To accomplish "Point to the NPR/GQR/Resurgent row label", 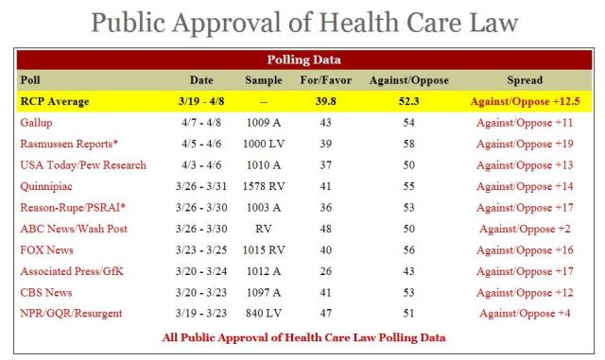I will click(x=74, y=314).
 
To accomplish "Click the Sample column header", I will click(x=264, y=79).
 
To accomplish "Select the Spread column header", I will click(x=525, y=79).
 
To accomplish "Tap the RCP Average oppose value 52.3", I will click(x=406, y=100).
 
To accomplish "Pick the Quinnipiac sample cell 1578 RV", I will click(x=264, y=186).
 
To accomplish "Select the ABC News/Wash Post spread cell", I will click(x=525, y=229).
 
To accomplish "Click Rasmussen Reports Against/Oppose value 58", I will click(x=406, y=144).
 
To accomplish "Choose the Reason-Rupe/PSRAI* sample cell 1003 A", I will click(x=264, y=208).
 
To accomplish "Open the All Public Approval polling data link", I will click(x=302, y=336).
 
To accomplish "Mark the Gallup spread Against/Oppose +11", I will click(x=525, y=122).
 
